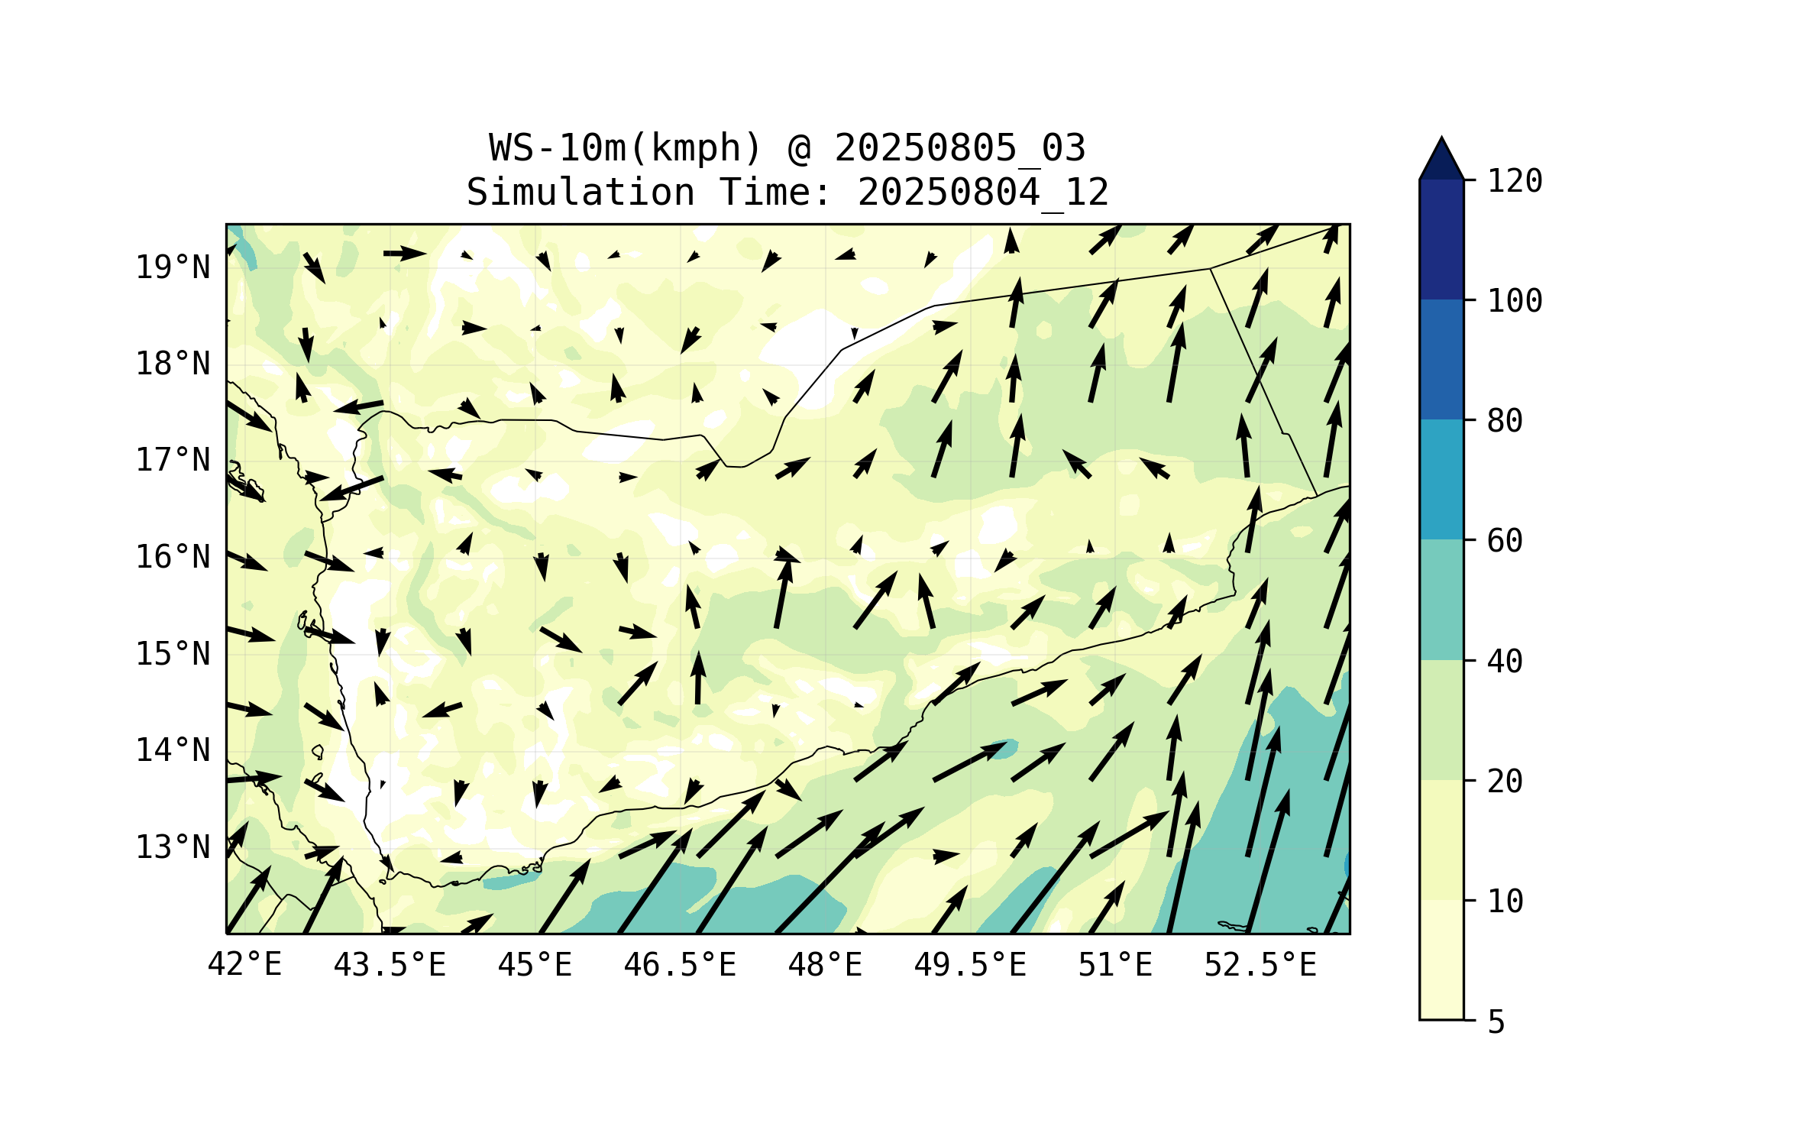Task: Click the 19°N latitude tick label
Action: [x=173, y=267]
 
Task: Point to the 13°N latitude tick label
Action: [x=173, y=847]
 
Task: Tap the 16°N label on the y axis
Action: [x=173, y=557]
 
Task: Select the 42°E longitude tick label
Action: [x=244, y=965]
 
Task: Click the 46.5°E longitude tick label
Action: [x=680, y=965]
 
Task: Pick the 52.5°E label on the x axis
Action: [x=1260, y=965]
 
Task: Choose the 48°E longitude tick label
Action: [x=825, y=965]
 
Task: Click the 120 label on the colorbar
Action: [x=1515, y=181]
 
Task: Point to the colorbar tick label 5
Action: [x=1496, y=1022]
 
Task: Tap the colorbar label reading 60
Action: [x=1505, y=541]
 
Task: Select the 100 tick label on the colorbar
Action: [x=1515, y=301]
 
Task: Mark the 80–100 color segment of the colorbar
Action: [x=1441, y=359]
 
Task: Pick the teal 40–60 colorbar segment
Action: [x=1441, y=600]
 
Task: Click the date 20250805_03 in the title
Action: [x=959, y=147]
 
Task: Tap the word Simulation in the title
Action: [x=580, y=192]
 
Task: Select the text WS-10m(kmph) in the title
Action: [x=626, y=147]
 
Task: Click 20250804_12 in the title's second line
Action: [x=983, y=192]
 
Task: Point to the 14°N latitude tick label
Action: [x=173, y=750]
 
